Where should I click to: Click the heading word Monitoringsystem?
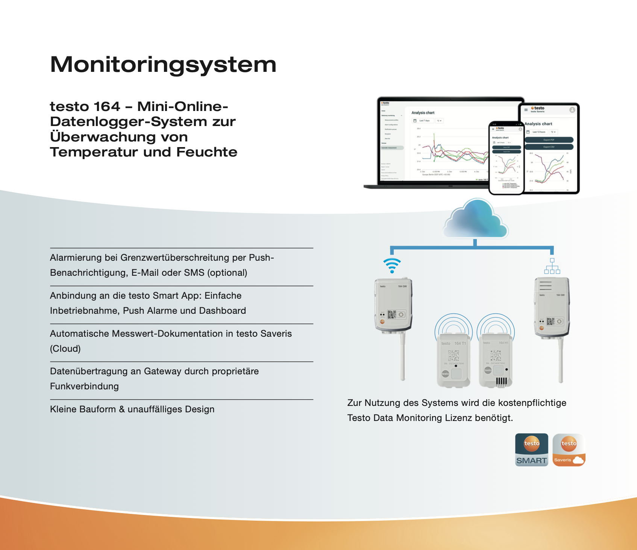coord(163,65)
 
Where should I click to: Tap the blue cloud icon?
coord(476,220)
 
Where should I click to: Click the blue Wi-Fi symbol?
coord(392,266)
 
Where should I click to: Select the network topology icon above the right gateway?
coord(552,266)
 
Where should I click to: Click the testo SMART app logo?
coord(531,450)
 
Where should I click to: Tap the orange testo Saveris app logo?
coord(569,450)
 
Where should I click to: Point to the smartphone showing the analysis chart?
coord(506,158)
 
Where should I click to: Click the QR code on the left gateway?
coord(391,315)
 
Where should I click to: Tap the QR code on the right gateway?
coord(551,321)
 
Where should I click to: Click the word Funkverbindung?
coord(84,386)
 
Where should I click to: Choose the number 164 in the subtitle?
coord(107,106)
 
